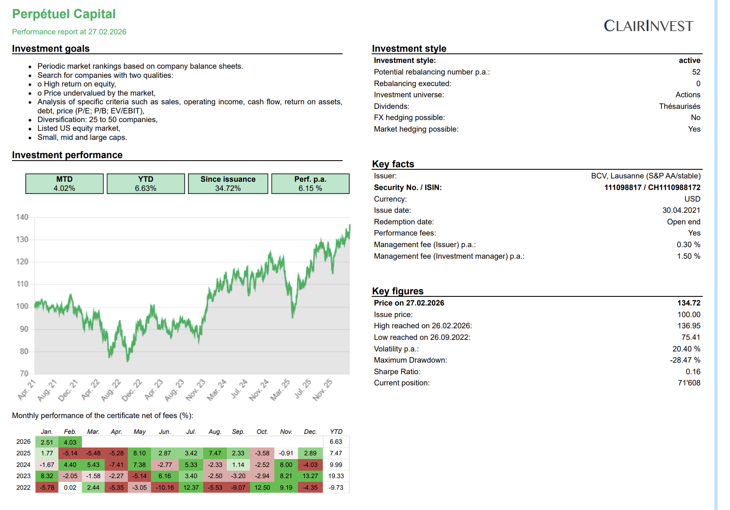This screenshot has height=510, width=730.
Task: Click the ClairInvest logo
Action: click(648, 26)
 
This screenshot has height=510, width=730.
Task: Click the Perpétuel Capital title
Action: click(64, 14)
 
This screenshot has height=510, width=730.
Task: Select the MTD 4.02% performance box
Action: click(64, 184)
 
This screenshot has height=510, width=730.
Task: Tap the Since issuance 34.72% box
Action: click(228, 184)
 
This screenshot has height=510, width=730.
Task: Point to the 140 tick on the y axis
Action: click(22, 217)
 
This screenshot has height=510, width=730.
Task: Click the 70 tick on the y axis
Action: click(24, 373)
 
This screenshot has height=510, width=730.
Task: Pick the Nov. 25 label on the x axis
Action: click(323, 390)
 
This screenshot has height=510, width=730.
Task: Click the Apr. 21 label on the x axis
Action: click(27, 390)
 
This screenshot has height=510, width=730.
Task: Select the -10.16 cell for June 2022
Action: click(165, 488)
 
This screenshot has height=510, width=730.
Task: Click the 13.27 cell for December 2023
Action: click(310, 476)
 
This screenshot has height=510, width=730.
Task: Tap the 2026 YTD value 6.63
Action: click(336, 442)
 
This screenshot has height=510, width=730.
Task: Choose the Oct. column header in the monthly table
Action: click(262, 432)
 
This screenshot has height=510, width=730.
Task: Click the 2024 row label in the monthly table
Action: click(24, 465)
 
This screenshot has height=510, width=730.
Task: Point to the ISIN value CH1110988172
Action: click(674, 188)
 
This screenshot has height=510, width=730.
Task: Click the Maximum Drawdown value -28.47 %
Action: click(685, 360)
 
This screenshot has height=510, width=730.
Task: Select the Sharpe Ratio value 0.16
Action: click(693, 372)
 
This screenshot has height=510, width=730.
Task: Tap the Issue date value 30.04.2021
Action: click(681, 210)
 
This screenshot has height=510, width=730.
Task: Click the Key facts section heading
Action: click(393, 164)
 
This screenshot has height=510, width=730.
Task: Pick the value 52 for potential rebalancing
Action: click(696, 72)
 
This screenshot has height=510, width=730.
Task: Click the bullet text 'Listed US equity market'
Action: click(79, 128)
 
